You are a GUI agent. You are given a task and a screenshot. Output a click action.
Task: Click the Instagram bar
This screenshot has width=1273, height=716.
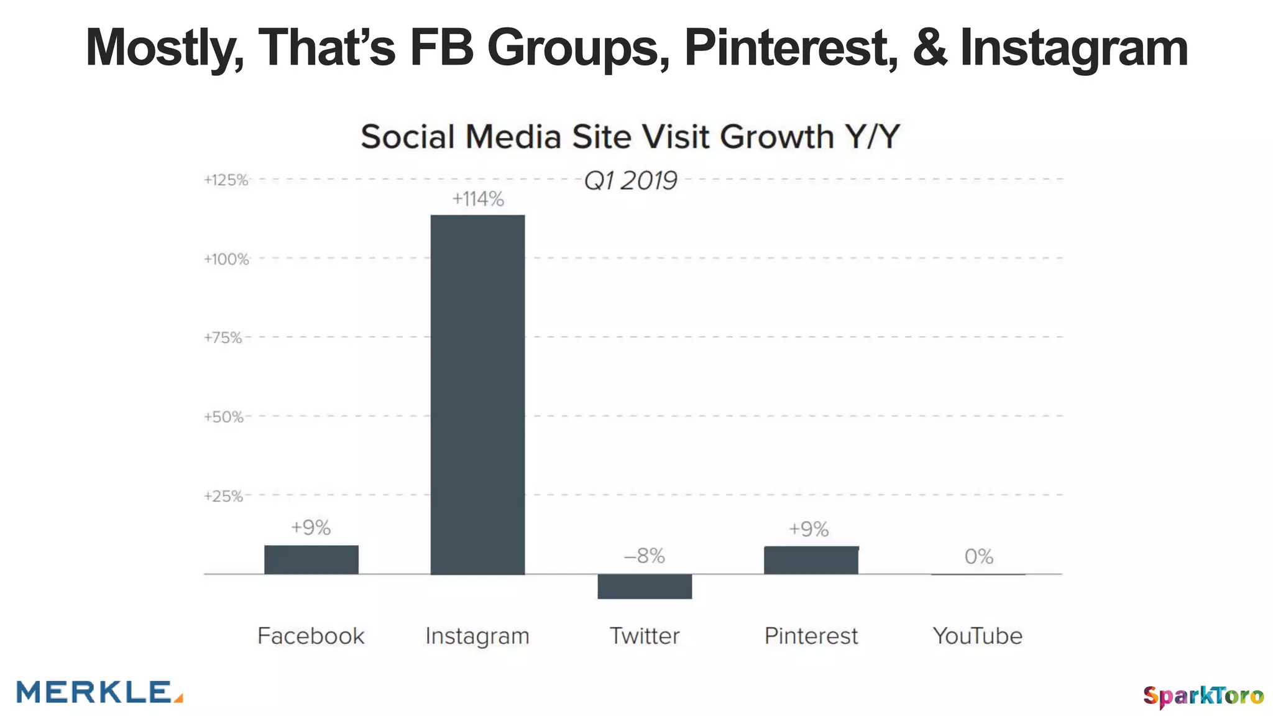[x=477, y=395]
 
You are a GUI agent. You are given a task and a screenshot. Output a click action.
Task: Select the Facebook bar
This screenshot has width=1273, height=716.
[x=311, y=559]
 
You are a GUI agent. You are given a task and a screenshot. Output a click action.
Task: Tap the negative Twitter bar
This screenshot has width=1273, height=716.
[x=645, y=586]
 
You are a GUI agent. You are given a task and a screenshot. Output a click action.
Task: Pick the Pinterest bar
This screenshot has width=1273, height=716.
[x=811, y=560]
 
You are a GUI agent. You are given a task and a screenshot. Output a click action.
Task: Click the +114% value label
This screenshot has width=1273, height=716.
[x=477, y=199]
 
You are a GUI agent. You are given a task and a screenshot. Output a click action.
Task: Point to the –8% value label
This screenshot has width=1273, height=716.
[x=645, y=556]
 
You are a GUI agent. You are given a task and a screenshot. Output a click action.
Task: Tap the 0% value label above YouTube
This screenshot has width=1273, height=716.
[x=978, y=556]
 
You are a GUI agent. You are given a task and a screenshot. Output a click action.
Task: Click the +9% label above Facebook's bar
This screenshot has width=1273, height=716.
[x=311, y=528]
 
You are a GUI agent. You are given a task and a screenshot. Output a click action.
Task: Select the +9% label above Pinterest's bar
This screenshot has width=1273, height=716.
[x=809, y=529]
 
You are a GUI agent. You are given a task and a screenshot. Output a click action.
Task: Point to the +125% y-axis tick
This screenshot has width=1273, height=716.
[x=226, y=180]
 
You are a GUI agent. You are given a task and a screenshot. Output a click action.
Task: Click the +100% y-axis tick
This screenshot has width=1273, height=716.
[x=226, y=259]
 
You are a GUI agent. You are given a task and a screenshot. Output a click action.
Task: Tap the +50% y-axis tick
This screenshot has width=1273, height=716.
[x=224, y=417]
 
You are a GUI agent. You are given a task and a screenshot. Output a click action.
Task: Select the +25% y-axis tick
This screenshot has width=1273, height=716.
[x=224, y=496]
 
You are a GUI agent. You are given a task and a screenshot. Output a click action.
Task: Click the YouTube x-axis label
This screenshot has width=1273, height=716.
[x=978, y=636]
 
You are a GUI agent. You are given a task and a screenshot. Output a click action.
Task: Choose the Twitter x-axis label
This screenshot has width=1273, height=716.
[x=645, y=636]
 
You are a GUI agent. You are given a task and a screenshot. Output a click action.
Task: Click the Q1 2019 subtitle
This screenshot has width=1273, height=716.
[x=630, y=181]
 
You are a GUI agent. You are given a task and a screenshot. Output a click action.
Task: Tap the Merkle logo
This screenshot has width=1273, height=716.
[x=99, y=692]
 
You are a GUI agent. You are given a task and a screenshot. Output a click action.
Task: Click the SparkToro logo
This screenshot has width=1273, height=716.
[x=1203, y=695]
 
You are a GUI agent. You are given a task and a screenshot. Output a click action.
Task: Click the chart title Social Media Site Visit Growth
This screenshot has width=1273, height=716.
[x=630, y=137]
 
